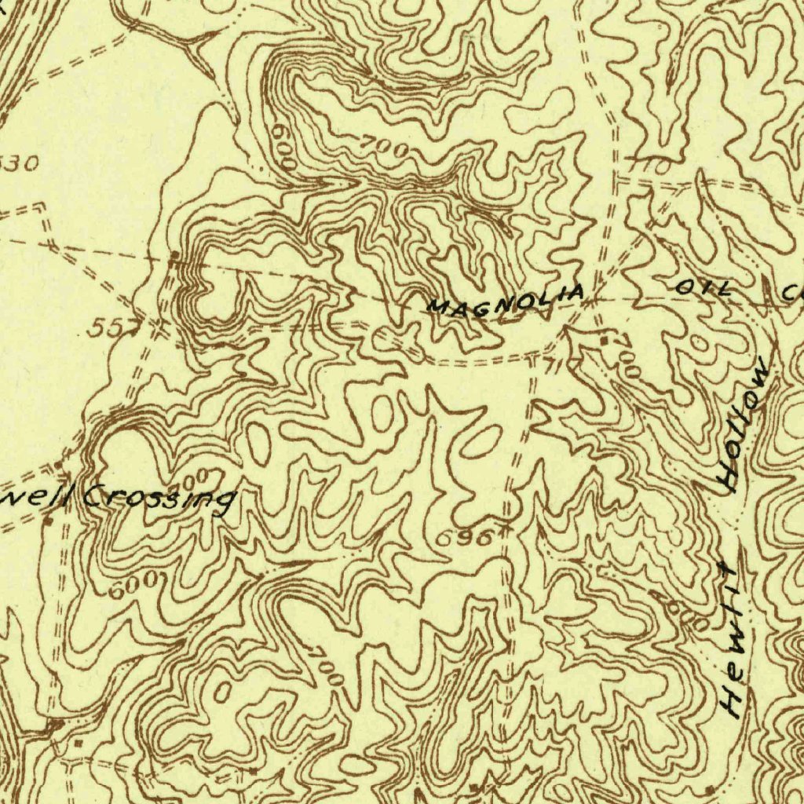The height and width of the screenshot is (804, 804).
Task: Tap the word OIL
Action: click(x=703, y=288)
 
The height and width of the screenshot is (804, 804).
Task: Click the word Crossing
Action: click(x=159, y=497)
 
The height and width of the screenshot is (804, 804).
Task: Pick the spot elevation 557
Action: click(x=105, y=327)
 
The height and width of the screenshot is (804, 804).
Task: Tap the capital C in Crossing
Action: click(x=95, y=495)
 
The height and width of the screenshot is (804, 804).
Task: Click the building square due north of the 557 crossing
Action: click(x=174, y=257)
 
